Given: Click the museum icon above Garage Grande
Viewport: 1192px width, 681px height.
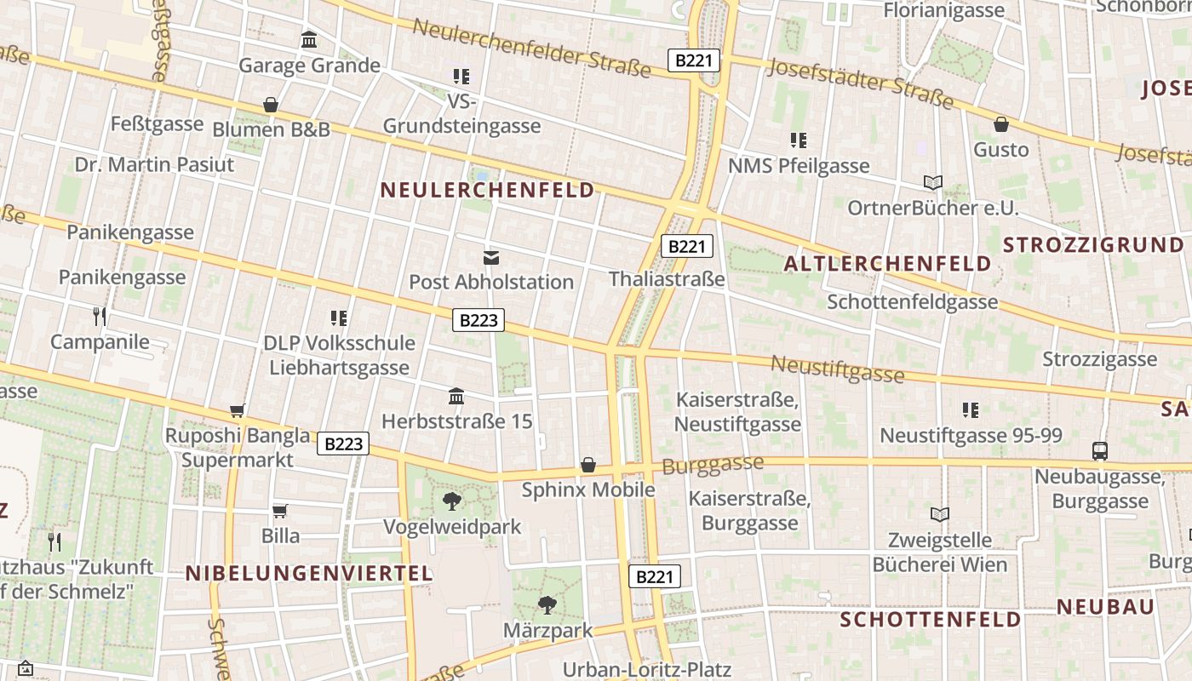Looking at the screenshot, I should coord(309,40).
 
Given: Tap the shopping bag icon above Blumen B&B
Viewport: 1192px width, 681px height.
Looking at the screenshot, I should coord(271,105).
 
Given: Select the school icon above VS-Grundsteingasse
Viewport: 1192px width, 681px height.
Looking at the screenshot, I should coord(461,77).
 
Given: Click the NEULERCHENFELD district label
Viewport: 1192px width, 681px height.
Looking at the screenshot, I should coord(487,190).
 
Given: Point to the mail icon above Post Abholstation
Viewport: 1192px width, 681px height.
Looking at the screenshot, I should coord(491,257).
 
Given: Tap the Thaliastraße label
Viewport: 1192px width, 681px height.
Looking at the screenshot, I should coord(667,278).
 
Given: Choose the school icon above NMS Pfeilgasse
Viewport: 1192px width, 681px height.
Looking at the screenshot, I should coord(798,140).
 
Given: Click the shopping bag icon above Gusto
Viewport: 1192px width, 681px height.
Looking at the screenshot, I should coord(1001,124).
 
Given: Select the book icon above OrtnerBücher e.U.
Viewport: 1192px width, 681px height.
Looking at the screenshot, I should coord(933,182).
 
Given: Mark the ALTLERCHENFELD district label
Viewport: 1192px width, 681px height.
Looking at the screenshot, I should coord(888,264).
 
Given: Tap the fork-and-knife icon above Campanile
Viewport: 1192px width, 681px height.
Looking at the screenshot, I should coord(100,318).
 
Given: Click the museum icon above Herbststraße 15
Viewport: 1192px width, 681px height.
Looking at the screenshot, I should coord(456,397).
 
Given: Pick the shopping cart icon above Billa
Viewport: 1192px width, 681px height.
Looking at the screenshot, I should coord(280,511).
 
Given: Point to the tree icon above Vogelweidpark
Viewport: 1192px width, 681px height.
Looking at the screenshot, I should coord(452,501).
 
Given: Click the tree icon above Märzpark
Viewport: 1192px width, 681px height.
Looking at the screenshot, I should coord(547,605).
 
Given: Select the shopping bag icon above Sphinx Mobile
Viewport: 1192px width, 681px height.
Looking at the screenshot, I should coord(588,465).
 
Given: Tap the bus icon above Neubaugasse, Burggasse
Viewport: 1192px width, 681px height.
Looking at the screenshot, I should coord(1100,451).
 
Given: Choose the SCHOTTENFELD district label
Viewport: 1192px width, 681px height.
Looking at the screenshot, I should coord(931,619).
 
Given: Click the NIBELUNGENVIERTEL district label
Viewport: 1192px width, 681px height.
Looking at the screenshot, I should coord(310,573).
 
